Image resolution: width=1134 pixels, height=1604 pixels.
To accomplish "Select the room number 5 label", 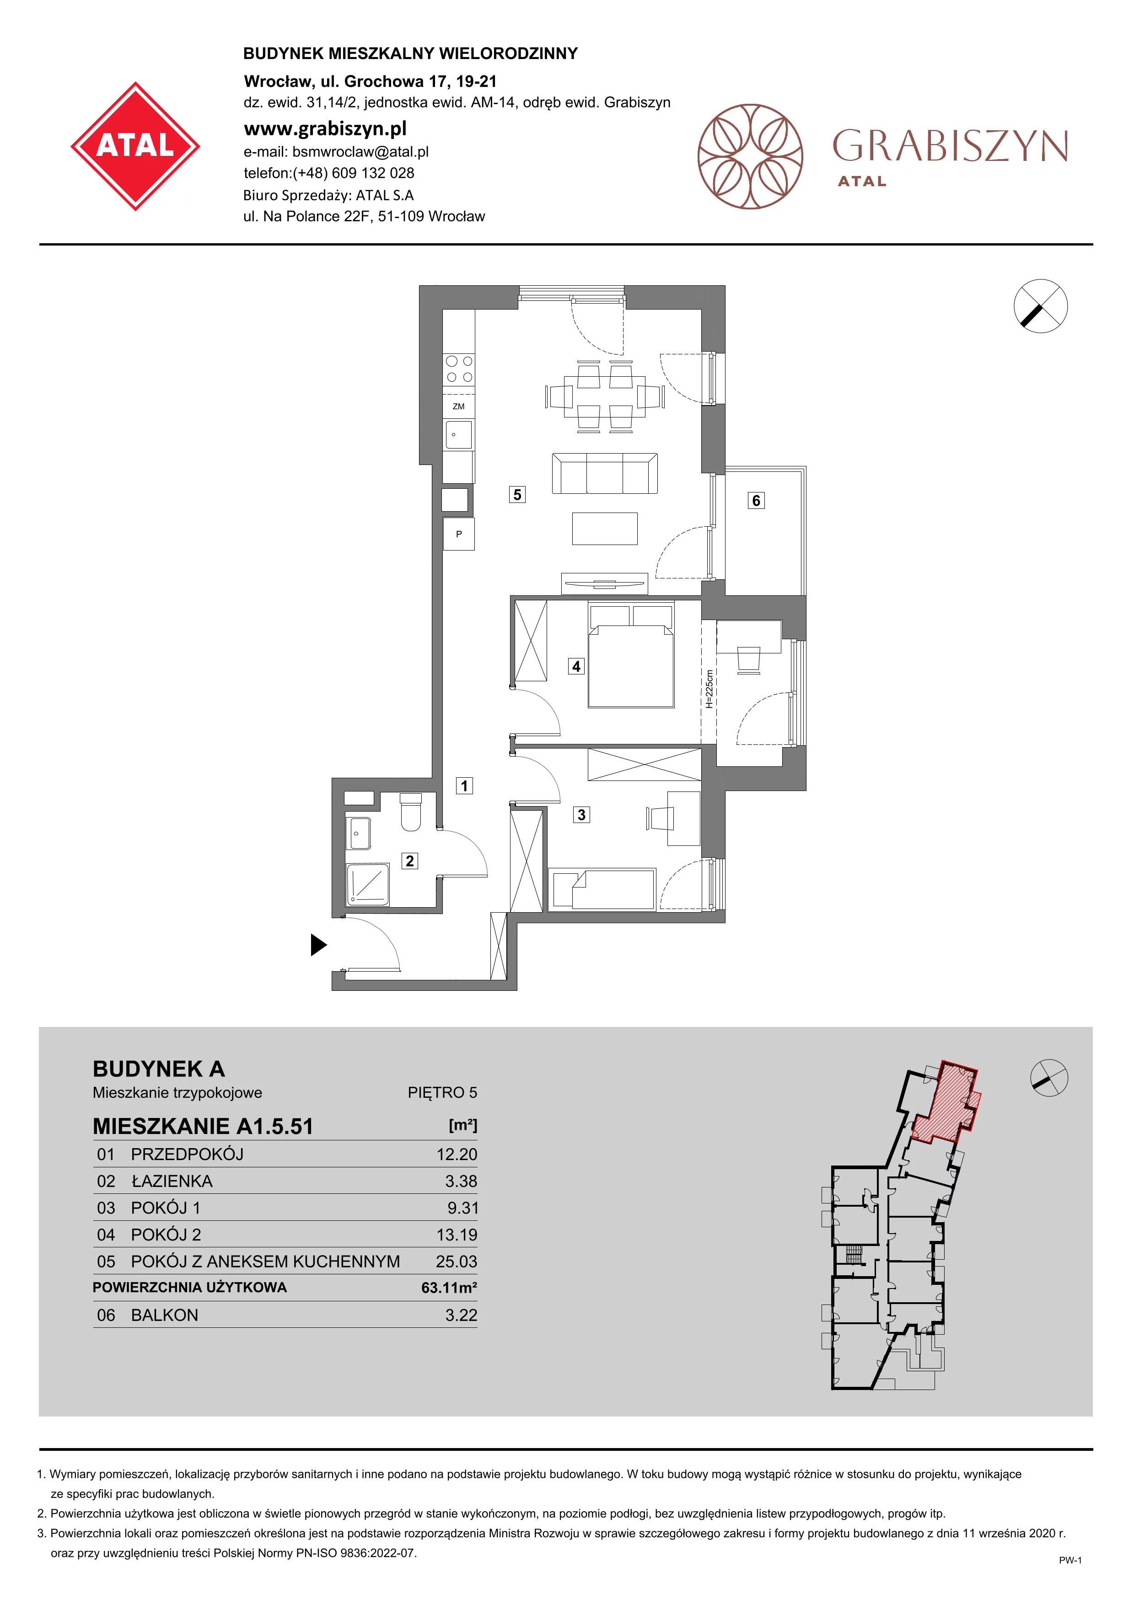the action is tap(517, 495).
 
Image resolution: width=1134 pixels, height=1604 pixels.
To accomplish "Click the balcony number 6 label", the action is tap(756, 500).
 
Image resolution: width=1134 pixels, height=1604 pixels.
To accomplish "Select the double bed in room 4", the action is tap(631, 655).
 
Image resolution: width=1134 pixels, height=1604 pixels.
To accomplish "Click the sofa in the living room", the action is tap(604, 474).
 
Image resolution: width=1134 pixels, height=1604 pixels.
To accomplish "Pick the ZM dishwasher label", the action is tap(458, 406).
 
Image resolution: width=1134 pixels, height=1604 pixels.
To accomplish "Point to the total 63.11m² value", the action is tap(449, 1288).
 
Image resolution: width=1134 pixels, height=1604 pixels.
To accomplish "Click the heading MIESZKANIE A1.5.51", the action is tap(203, 1126).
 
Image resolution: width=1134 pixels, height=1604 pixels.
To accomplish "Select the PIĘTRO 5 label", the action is tap(442, 1093).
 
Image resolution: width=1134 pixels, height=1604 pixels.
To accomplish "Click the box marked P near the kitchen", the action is tap(459, 535).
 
